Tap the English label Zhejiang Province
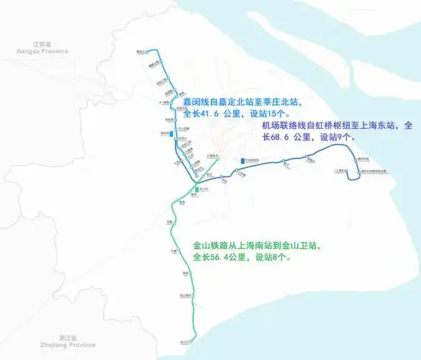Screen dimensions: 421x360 (x=68, y=345)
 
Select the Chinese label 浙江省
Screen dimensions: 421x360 (x=68, y=338)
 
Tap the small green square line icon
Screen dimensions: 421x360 (x=196, y=189)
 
